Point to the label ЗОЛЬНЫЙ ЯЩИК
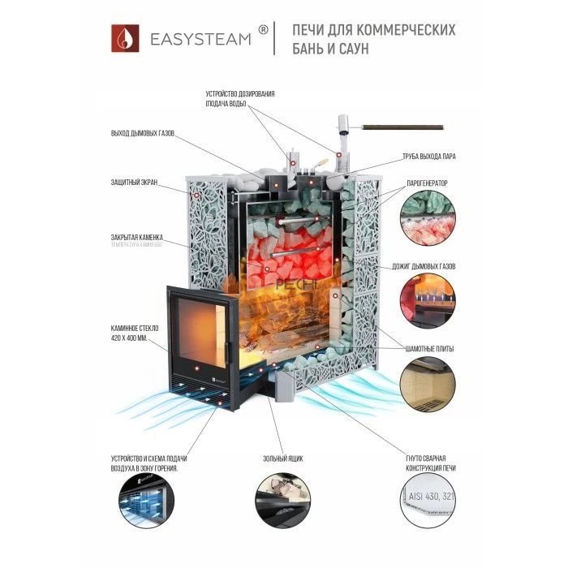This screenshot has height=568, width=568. coord(284,458)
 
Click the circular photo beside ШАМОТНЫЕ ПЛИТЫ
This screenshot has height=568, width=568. coord(428,386)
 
